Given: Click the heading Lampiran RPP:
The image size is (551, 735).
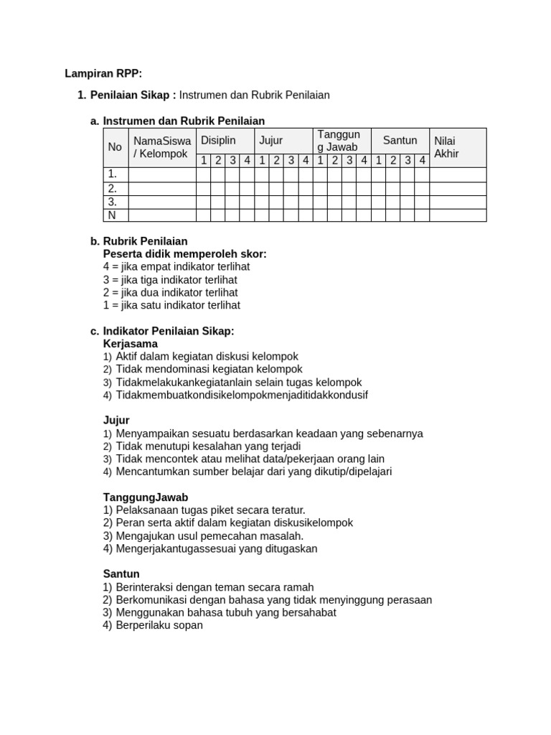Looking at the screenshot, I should point(103,73).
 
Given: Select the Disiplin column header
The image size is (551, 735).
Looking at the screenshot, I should point(218,141).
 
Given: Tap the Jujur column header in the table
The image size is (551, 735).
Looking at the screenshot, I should point(270,141).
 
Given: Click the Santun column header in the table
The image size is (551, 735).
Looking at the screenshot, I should point(400,141).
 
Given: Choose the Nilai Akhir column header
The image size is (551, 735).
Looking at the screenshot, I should point(446,147).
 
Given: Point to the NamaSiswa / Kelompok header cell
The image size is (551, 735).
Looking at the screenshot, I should point(162,147).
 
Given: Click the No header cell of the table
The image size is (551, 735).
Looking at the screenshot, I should point(115,147).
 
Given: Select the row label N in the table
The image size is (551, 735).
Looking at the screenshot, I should point(112,215).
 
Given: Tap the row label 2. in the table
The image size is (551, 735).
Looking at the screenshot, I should point(113,189).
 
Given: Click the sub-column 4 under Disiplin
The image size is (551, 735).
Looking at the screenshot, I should point(247,161).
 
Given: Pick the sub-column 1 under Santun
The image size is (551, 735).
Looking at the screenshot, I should point(378,161).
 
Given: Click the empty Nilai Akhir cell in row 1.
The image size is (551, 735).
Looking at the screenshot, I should point(458,174).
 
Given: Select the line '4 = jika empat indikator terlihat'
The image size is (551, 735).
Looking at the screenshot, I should point(176,267).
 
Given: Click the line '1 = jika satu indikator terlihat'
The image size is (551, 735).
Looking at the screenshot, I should point(171,306).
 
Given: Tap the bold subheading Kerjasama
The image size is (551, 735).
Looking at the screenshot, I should point(131,345).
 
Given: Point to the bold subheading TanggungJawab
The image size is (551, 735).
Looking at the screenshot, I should point(146,497).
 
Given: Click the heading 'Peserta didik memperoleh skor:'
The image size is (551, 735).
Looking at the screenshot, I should point(184,254).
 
